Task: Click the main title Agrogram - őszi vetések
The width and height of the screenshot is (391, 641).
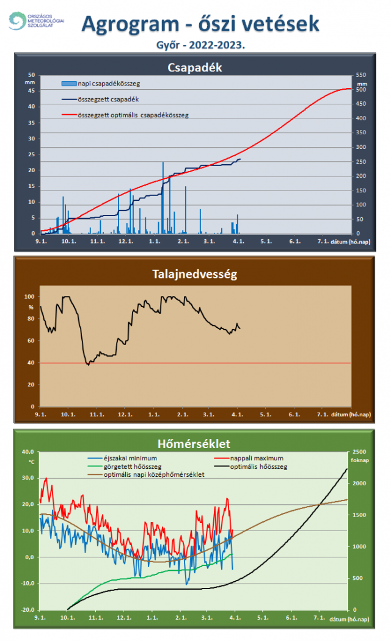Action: coord(200,24)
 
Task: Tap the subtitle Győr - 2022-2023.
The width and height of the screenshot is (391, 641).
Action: coord(201,45)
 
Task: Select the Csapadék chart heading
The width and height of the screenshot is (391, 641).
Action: coord(195,67)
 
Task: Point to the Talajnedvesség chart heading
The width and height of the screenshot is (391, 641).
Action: coord(194,275)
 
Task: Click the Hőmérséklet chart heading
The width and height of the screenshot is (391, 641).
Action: coord(195,443)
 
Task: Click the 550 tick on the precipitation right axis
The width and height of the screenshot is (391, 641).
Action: coord(362,74)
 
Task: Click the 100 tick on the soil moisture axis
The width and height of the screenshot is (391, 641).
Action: coord(29,297)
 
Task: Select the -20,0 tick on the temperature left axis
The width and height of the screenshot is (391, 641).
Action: coord(27,609)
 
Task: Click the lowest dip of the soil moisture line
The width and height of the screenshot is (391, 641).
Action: coord(88,364)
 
